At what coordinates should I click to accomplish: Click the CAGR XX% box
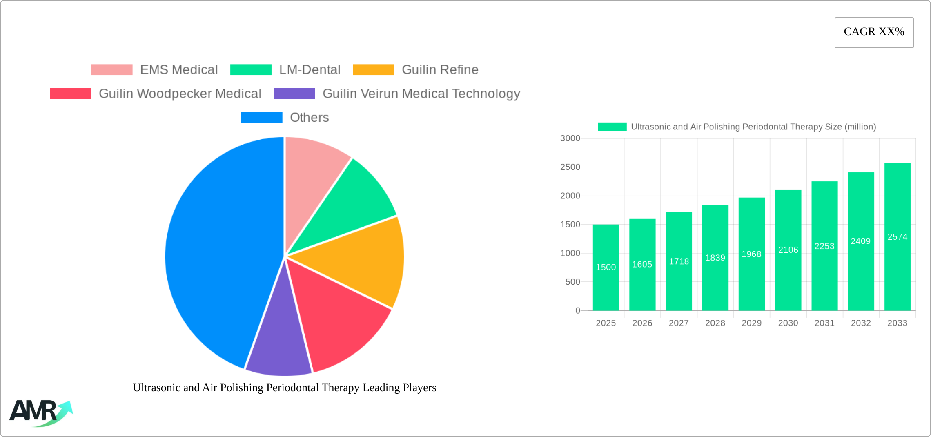pyautogui.click(x=874, y=32)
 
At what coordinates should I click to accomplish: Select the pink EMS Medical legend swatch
pyautogui.click(x=111, y=70)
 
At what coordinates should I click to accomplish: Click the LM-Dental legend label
pyautogui.click(x=310, y=70)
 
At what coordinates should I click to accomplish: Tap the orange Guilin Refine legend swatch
pyautogui.click(x=373, y=70)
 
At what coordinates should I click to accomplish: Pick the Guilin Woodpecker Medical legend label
pyautogui.click(x=180, y=94)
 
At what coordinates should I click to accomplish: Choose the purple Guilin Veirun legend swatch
pyautogui.click(x=294, y=94)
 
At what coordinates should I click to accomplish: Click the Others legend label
pyautogui.click(x=309, y=118)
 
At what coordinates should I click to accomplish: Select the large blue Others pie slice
pyautogui.click(x=216, y=253)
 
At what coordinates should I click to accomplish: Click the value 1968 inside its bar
pyautogui.click(x=751, y=254)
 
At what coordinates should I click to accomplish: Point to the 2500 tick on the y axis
pyautogui.click(x=570, y=167)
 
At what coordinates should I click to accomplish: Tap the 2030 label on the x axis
pyautogui.click(x=788, y=323)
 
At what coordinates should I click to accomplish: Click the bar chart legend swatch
pyautogui.click(x=612, y=127)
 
